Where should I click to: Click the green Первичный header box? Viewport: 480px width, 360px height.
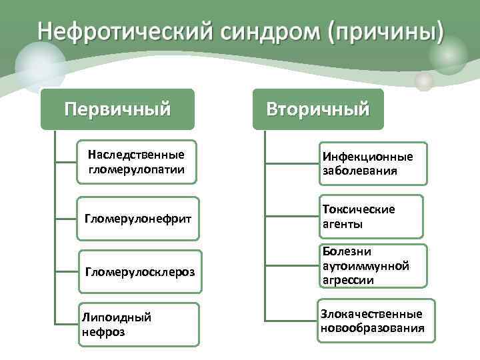click(x=117, y=109)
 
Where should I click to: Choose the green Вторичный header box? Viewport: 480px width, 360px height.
click(x=318, y=109)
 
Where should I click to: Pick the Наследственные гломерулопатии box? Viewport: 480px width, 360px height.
click(x=136, y=161)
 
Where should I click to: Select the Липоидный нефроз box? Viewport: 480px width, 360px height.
click(x=139, y=324)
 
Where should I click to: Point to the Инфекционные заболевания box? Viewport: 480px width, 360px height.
click(x=372, y=163)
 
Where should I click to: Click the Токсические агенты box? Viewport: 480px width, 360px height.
click(x=370, y=217)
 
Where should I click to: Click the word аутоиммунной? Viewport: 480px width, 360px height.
click(x=365, y=266)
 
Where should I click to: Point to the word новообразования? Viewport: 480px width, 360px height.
click(x=372, y=328)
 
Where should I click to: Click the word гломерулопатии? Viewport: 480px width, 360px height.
click(x=136, y=168)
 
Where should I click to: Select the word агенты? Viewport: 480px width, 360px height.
click(x=343, y=224)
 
